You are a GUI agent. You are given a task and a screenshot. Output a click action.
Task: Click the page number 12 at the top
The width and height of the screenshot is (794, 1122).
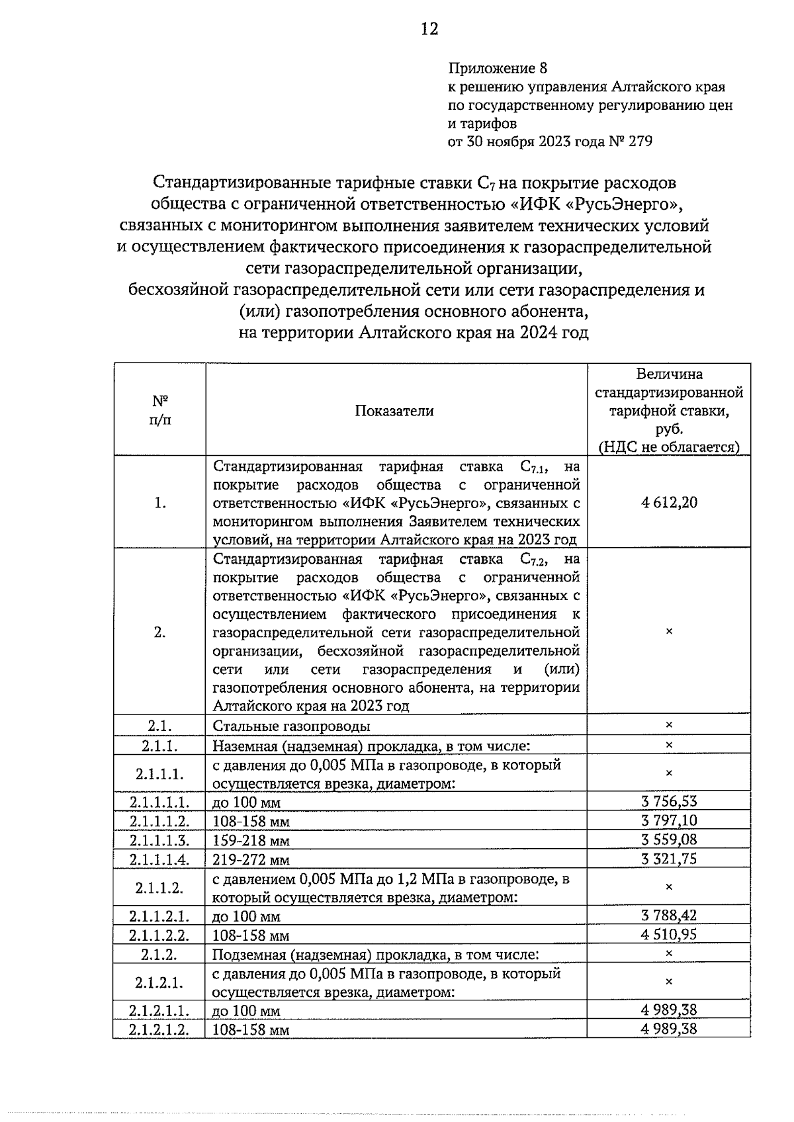pos(429,29)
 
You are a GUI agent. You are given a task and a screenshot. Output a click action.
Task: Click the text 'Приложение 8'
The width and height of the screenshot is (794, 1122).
pos(498,68)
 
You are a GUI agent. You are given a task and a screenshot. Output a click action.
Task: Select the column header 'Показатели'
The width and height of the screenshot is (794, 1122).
pos(394,411)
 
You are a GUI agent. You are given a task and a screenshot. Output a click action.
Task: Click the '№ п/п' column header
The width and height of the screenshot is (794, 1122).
pos(159,410)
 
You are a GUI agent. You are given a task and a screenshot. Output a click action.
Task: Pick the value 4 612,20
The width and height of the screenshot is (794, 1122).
pos(669,502)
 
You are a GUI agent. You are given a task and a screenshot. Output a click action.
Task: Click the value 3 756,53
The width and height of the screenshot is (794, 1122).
pos(669,802)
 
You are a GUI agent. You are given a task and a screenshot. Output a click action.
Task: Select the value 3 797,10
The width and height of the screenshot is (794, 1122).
pos(669,821)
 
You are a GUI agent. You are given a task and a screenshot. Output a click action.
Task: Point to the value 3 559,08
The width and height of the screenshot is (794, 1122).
pos(669,840)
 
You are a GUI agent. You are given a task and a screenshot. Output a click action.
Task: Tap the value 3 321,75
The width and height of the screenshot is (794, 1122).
pos(669,859)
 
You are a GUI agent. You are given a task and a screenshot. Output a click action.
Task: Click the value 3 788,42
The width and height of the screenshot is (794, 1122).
pos(669,916)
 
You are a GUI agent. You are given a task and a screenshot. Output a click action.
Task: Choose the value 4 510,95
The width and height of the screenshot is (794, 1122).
pos(669,935)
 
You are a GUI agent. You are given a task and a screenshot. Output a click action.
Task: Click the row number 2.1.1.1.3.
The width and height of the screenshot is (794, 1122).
pos(159,840)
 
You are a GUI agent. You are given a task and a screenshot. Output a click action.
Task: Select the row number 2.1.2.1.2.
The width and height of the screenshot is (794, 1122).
pos(159,1030)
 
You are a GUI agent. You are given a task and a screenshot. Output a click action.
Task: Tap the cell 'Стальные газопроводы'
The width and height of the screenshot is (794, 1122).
pos(291,726)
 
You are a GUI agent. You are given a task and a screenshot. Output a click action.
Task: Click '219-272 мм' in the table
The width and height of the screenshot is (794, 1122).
pos(251,860)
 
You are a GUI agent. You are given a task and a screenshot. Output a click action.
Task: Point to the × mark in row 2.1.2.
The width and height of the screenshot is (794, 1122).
pos(669,954)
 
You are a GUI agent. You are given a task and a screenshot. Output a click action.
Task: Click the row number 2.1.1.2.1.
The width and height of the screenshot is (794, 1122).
pos(159,916)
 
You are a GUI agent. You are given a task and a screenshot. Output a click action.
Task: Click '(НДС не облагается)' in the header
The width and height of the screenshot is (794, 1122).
pos(669,447)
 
